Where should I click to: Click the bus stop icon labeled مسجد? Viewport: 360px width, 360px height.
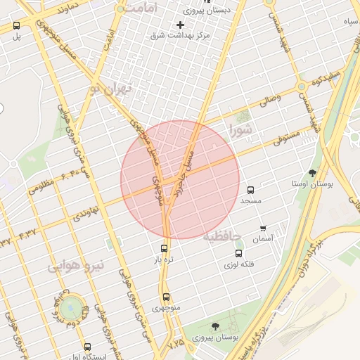point(251,190)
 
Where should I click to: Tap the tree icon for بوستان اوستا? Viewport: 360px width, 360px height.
point(312,172)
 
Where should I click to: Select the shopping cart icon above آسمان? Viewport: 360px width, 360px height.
point(263,228)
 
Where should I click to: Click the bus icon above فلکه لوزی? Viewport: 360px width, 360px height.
point(238,253)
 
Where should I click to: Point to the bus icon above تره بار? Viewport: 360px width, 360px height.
point(165,248)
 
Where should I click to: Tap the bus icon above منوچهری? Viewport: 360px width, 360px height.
point(166,297)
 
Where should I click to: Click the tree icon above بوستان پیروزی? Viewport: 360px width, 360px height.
point(214,326)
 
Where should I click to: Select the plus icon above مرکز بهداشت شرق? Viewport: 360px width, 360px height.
point(180,25)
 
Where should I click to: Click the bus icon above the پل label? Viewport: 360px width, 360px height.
point(17,25)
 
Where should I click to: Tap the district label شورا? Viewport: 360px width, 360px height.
point(240,130)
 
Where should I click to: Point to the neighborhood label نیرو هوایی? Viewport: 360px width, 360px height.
point(76,266)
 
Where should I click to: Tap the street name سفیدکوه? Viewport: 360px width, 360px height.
point(327,75)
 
